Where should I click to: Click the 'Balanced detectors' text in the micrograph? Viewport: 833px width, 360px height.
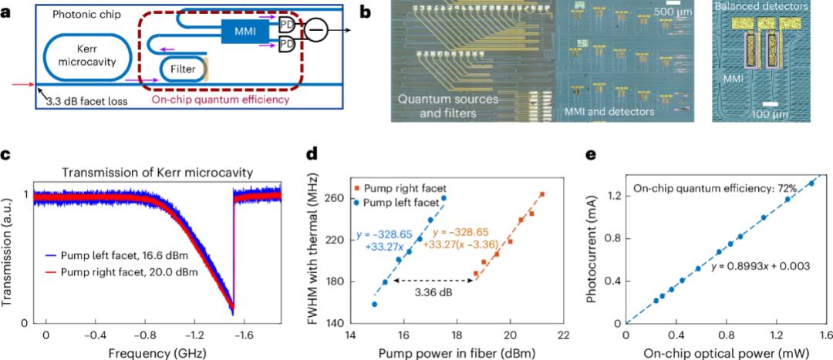[761, 7]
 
